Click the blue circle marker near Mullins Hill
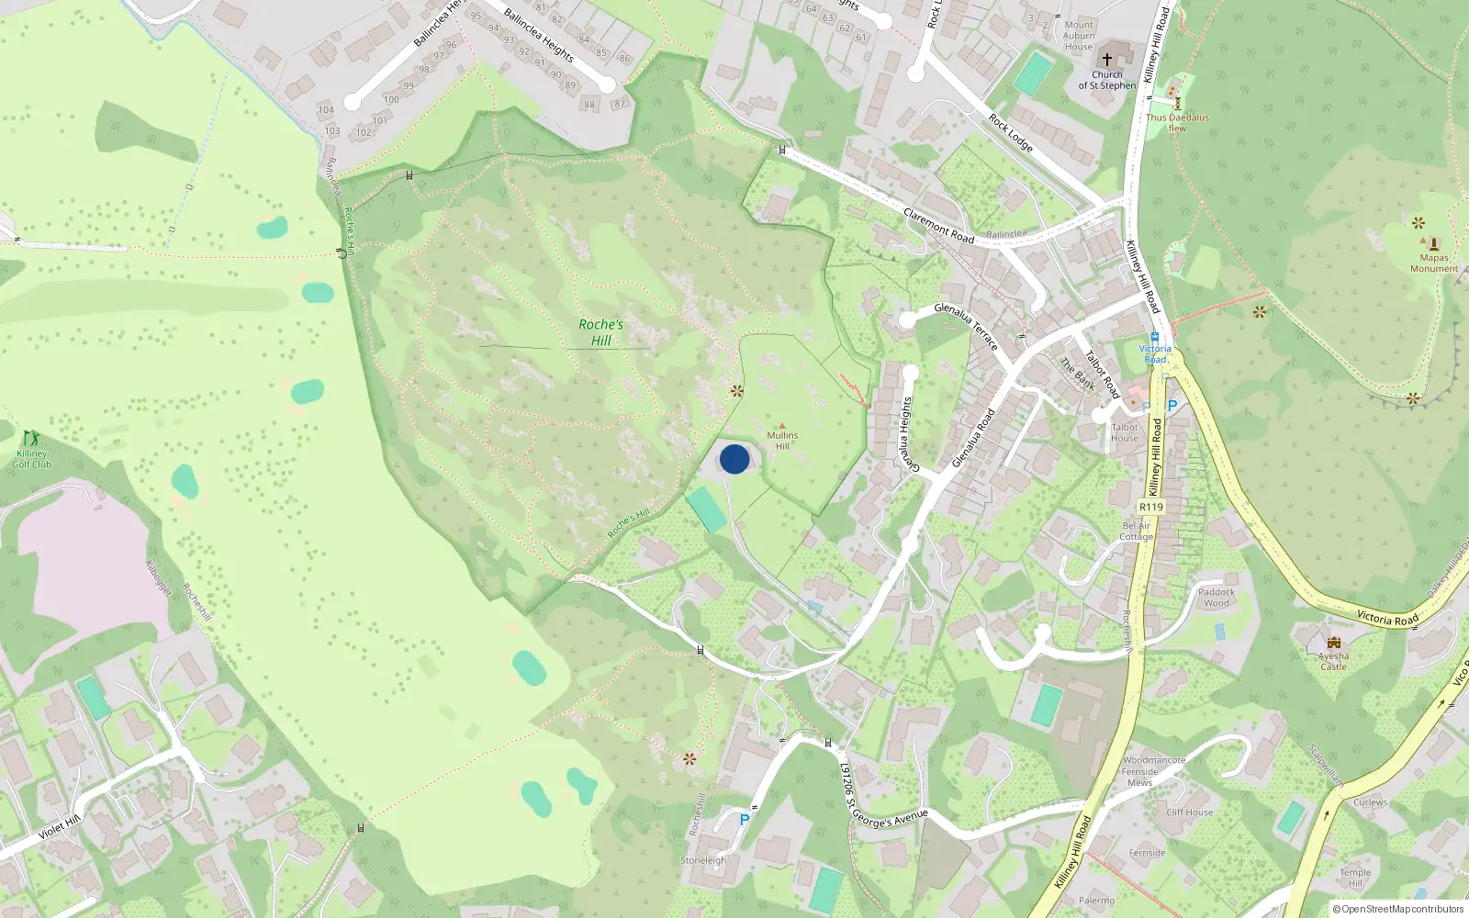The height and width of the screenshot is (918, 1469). (x=734, y=459)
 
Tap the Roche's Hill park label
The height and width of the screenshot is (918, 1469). (x=600, y=332)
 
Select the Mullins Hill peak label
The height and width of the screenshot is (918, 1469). (x=782, y=441)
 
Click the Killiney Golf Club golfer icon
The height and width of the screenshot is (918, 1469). (x=31, y=438)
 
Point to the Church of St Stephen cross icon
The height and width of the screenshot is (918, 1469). (x=1107, y=59)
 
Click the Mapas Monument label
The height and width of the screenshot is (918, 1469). (x=1433, y=263)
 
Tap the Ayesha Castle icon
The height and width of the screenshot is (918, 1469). (x=1333, y=642)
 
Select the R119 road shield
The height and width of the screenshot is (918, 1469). (x=1150, y=507)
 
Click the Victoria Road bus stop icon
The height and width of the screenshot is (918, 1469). (x=1155, y=337)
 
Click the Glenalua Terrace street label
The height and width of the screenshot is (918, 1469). (x=966, y=326)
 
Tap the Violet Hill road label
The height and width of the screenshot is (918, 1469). (x=60, y=828)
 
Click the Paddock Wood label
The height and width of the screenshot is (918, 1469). (x=1217, y=598)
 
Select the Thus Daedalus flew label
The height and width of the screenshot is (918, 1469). (x=1177, y=123)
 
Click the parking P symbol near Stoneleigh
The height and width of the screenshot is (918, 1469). (x=744, y=820)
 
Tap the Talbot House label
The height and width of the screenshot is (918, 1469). (x=1125, y=432)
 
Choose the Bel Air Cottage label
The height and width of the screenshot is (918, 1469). (x=1136, y=532)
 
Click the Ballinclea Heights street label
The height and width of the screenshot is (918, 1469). (x=539, y=35)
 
